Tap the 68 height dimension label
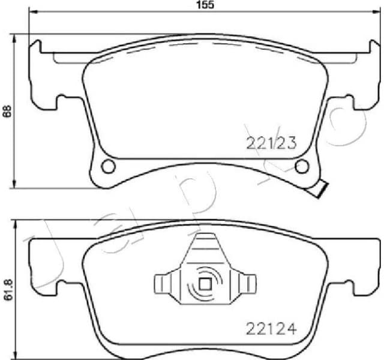7,111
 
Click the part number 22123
272,143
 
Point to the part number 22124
272,328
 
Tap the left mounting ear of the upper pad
45,75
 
